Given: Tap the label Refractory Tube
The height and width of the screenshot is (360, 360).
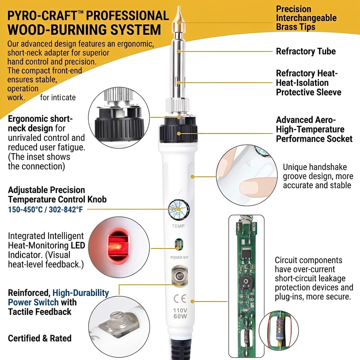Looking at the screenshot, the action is (x=306, y=51).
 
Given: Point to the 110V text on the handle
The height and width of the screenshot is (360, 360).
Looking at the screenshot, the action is (x=180, y=310).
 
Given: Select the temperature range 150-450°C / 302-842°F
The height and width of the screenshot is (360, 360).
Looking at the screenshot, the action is (x=45, y=209).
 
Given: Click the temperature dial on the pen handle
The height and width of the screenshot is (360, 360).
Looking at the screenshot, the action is (x=179, y=209).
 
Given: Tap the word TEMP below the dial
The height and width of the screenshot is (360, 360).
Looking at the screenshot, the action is (x=178, y=226).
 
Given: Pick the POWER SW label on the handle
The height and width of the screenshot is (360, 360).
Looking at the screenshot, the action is (x=179, y=257).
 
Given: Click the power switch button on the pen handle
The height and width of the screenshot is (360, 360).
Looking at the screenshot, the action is (x=179, y=276).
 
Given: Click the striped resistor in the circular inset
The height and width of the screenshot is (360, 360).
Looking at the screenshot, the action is (x=280, y=330).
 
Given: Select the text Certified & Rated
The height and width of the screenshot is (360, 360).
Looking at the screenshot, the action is (x=40, y=338).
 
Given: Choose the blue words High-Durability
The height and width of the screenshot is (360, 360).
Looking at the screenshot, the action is (x=81, y=293).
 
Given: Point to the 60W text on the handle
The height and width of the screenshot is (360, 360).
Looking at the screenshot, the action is (x=180, y=316).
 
